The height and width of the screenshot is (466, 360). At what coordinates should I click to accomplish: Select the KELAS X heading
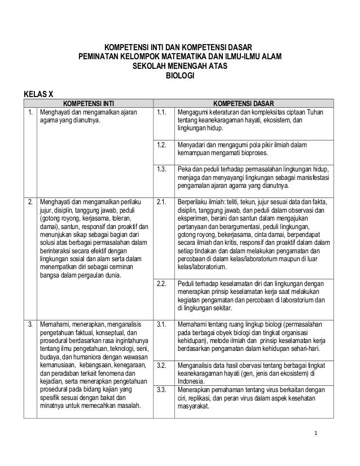click(x=38, y=93)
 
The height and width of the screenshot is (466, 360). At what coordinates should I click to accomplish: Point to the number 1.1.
click(x=163, y=112)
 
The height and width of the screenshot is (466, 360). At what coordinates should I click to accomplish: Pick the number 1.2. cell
click(x=163, y=146)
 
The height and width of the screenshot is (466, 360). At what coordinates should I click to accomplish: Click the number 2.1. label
click(x=163, y=201)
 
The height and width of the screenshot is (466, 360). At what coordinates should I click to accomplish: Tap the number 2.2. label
click(x=163, y=284)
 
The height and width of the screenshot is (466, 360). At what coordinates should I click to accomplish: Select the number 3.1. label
click(x=163, y=324)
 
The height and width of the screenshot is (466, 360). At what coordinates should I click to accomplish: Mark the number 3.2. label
click(x=163, y=366)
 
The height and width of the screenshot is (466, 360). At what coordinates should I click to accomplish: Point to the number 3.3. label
click(x=163, y=389)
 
